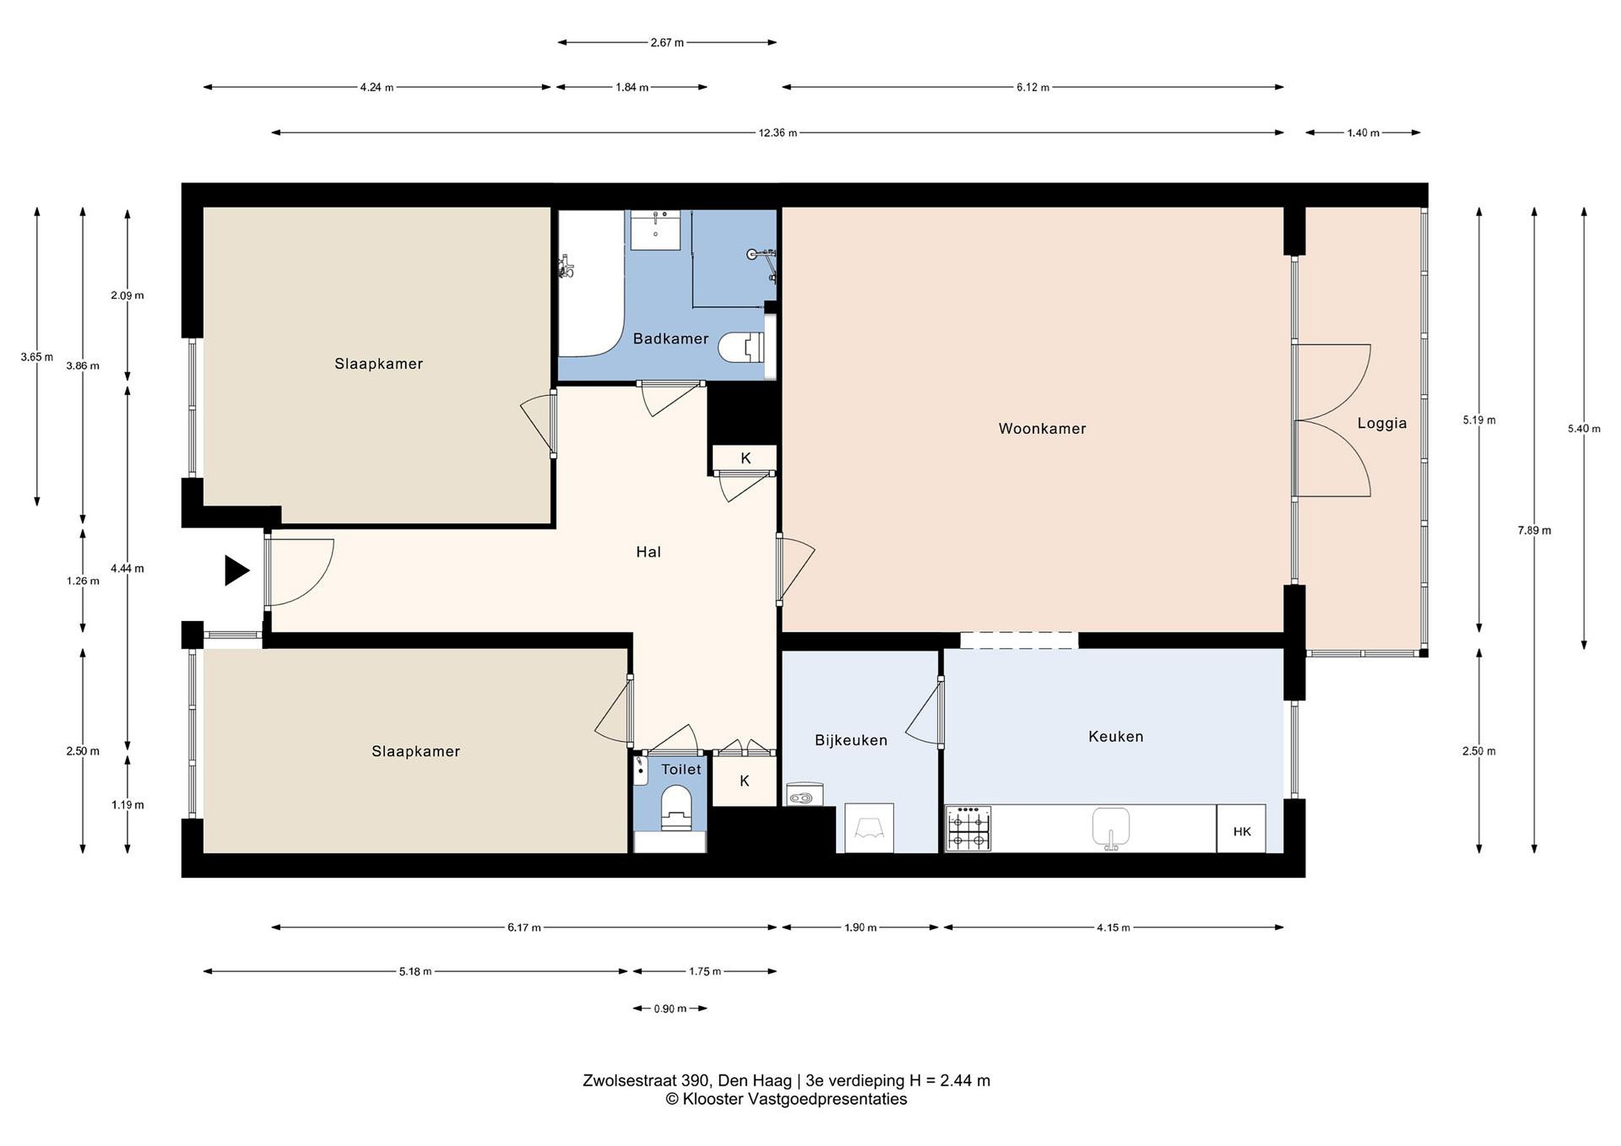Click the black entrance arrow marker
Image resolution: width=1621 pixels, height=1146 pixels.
[236, 570]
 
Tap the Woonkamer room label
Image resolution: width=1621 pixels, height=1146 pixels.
[1042, 428]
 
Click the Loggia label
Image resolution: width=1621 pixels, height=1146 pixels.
[1382, 424]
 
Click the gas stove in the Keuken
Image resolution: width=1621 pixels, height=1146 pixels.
[969, 829]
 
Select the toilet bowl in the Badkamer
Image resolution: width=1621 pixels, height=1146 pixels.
[741, 347]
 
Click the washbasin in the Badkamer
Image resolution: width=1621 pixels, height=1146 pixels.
[655, 230]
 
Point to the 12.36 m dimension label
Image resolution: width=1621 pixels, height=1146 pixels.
[777, 133]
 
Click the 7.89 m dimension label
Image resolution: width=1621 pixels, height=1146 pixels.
[1534, 531]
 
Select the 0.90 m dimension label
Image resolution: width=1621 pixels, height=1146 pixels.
[669, 1008]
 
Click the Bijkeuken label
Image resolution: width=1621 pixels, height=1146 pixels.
[850, 740]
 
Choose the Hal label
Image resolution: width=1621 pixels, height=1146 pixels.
[648, 552]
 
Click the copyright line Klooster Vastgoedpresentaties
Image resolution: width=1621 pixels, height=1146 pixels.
[786, 1099]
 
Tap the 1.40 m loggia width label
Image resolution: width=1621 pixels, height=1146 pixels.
[1363, 133]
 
